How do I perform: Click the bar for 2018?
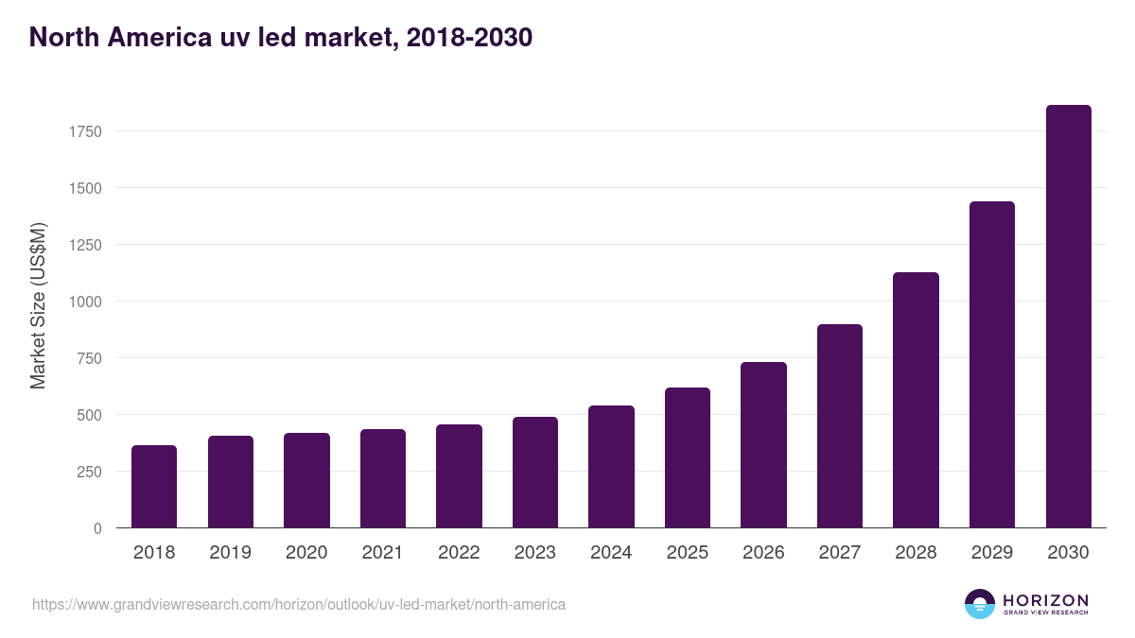(x=154, y=487)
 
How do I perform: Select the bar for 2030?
(x=1068, y=317)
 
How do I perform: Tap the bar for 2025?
(x=688, y=457)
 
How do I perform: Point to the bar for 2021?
(x=383, y=478)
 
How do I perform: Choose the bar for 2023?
(x=535, y=473)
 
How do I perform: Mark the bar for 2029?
(x=992, y=365)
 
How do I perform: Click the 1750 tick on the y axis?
(x=85, y=131)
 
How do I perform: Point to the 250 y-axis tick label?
(x=89, y=472)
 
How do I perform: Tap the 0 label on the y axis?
(x=97, y=528)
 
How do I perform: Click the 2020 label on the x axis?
(x=306, y=553)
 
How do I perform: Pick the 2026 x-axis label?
(x=763, y=553)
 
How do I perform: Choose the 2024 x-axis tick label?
(x=611, y=553)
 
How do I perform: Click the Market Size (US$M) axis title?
(x=38, y=306)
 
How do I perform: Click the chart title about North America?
(x=281, y=38)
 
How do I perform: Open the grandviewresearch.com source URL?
(x=299, y=604)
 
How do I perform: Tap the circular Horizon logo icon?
(x=980, y=604)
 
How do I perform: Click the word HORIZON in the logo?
(x=1045, y=600)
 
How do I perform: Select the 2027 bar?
(x=840, y=426)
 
